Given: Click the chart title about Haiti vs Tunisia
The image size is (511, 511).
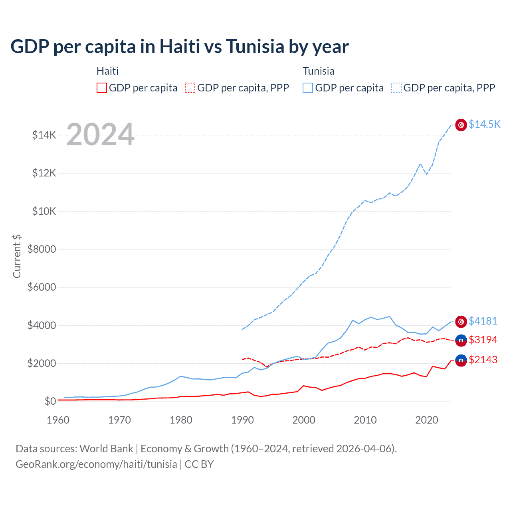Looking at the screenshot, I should click(180, 47).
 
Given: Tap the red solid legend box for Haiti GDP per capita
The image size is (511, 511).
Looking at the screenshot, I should click(102, 88).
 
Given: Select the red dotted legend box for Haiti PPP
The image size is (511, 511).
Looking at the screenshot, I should click(190, 88).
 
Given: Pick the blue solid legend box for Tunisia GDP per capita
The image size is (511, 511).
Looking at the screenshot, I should click(308, 88).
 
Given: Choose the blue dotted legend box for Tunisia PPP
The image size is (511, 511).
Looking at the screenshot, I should click(396, 88).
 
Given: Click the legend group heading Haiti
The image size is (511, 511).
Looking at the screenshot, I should click(107, 71).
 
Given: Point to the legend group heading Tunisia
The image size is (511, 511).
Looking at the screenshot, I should click(318, 71).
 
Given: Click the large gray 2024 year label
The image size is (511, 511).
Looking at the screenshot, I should click(100, 135).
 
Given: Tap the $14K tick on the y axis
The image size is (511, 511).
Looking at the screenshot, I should click(44, 135).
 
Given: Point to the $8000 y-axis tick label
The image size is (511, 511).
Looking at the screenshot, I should click(42, 249).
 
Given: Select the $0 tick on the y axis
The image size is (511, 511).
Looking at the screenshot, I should click(50, 401).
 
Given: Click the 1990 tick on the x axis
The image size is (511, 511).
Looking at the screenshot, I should click(242, 420).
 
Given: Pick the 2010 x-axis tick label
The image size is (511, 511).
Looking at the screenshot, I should click(365, 420).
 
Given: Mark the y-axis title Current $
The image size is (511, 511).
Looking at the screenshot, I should click(17, 256).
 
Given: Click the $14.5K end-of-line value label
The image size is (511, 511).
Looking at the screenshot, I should click(484, 124).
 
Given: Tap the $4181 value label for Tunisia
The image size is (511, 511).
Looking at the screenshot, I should click(483, 321).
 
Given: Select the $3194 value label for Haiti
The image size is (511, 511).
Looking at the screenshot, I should click(483, 340).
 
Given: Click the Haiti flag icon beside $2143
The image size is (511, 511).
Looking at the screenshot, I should click(461, 360).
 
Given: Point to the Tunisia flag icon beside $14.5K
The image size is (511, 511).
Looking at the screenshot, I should click(461, 125).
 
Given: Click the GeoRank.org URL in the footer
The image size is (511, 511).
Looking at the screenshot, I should click(96, 464).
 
